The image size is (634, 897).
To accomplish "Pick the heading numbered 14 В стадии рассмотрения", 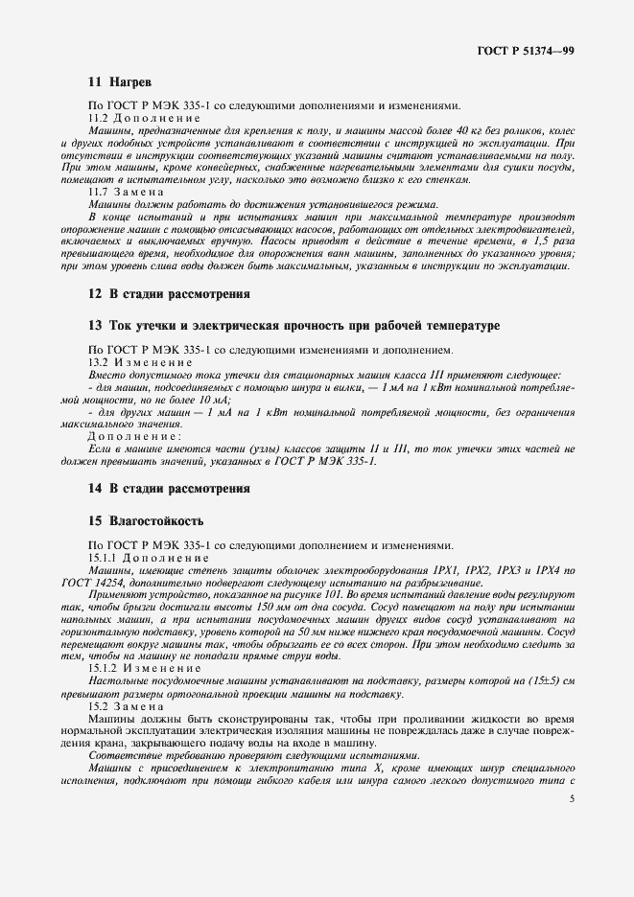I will pos(169,488).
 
